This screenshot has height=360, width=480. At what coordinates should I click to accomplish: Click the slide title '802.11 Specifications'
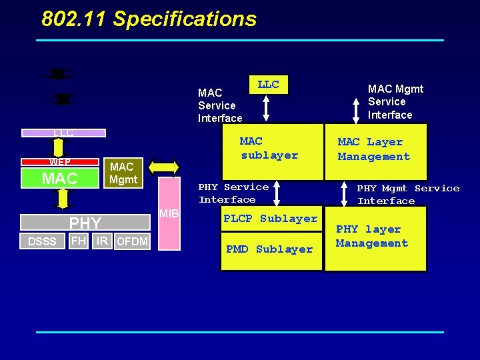tap(149, 19)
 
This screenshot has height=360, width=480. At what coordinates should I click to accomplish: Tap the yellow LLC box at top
tap(268, 85)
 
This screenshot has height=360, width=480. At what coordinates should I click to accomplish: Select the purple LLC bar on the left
tap(64, 133)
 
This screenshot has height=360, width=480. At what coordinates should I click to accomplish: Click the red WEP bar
tap(60, 161)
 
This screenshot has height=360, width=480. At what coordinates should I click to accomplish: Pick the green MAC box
tap(60, 178)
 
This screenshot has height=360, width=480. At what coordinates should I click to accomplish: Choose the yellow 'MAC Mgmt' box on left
tap(123, 173)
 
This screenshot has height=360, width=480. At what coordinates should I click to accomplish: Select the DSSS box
tap(42, 241)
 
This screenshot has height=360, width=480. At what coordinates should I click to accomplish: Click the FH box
tap(79, 241)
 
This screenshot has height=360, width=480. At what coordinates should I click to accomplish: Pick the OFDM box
tap(132, 241)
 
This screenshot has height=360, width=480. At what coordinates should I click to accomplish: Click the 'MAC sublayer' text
tap(269, 148)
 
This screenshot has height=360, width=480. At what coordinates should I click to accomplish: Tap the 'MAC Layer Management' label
tap(373, 149)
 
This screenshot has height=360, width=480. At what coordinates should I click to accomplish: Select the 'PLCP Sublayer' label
tap(270, 219)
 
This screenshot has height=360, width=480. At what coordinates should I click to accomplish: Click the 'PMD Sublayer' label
tap(269, 249)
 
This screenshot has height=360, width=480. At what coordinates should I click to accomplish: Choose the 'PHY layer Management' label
tap(372, 236)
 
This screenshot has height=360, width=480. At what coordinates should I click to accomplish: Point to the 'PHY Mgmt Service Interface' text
tap(407, 195)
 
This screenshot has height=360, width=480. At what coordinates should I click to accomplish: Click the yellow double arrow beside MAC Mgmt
tap(163, 168)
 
